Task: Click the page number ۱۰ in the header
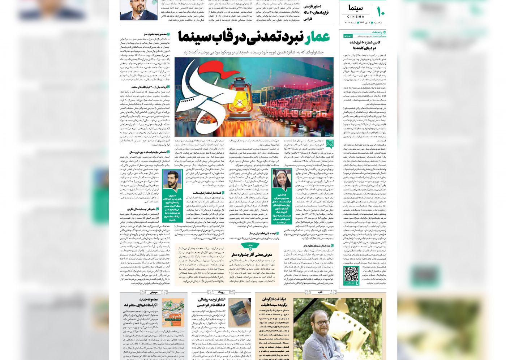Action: tap(381, 12)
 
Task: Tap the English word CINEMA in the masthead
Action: tap(356, 17)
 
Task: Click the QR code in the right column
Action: tap(351, 274)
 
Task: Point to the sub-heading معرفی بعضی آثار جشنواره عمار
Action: tap(252, 254)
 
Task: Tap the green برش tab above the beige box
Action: tap(250, 245)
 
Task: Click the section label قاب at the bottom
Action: tap(320, 292)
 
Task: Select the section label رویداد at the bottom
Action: tap(221, 292)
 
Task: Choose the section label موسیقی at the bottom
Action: tap(153, 292)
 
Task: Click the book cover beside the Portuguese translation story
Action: tap(239, 312)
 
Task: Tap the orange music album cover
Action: tap(173, 312)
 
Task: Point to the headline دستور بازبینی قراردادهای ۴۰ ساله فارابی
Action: tap(316, 13)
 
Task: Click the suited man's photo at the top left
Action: tap(133, 10)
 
